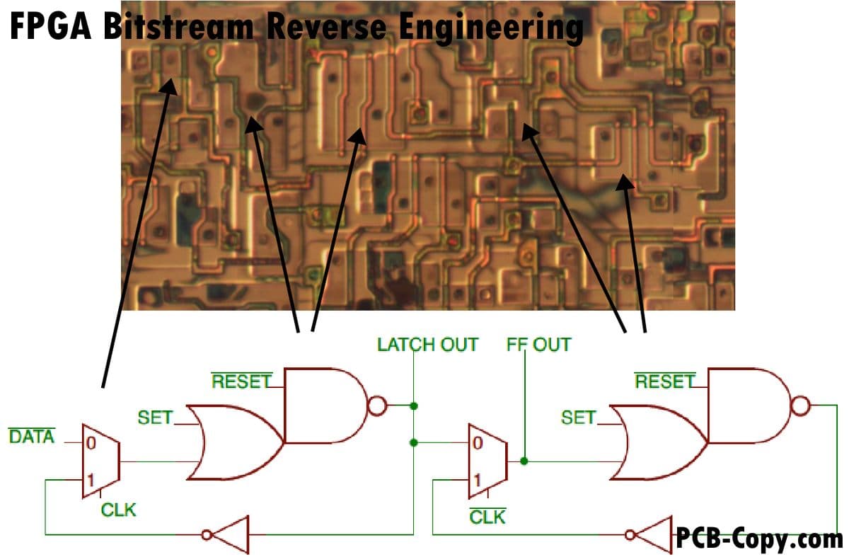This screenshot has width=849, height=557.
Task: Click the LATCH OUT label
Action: coord(427,345)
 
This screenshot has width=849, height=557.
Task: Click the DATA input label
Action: coord(31,437)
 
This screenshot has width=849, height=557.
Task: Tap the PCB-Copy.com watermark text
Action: coord(759,539)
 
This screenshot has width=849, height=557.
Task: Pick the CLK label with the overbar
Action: coord(487,517)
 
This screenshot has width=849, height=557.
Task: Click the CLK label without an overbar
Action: coord(119,510)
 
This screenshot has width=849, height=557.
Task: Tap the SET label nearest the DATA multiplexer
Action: coord(155,418)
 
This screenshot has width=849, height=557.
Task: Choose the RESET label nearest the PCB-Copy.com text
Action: coord(664,381)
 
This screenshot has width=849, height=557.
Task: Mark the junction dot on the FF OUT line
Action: coord(524,461)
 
